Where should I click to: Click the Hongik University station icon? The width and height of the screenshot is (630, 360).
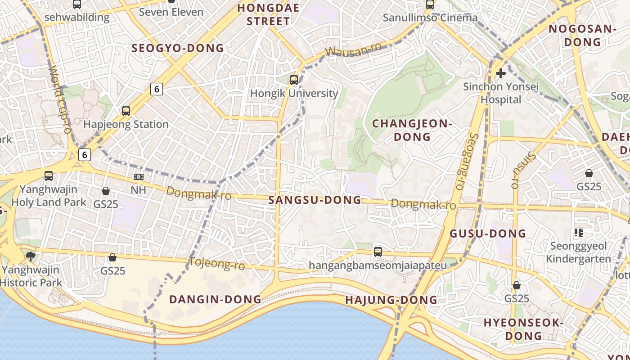coord(294,80)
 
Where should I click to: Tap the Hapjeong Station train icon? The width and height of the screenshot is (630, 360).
coord(126,111)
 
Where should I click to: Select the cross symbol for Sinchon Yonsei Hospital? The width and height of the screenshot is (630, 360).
coord(500,73)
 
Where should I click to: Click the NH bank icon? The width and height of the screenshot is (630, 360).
coord(139,177)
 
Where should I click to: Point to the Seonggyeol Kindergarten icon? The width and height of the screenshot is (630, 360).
coord(579,233)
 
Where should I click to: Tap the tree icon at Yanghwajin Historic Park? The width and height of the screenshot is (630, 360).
coord(31,256)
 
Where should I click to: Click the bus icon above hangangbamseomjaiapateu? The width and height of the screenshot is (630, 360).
coord(378,252)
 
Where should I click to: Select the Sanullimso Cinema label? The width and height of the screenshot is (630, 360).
coord(430,18)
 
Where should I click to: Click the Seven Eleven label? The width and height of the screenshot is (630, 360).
coord(171,12)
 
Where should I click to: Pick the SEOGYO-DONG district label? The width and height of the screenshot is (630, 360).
coord(177,48)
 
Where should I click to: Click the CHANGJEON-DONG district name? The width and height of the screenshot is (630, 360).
coord(412,130)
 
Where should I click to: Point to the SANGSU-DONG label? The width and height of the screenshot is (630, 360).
coord(315,200)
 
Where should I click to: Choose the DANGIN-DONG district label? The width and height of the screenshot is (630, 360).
coord(215,299)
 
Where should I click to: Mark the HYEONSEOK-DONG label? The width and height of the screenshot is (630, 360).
coord(523,329)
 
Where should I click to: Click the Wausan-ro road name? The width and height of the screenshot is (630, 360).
coord(353,49)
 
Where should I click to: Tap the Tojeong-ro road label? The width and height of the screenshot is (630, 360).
coord(217,264)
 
